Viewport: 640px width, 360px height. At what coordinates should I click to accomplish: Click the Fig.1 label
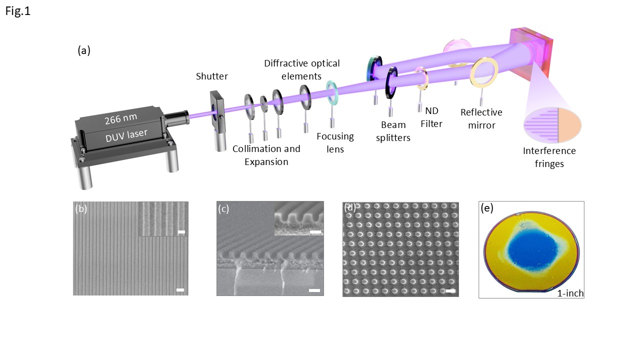point(18,11)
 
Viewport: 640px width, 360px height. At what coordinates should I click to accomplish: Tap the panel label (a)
point(84,50)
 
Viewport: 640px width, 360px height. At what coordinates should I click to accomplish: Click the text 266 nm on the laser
point(121,119)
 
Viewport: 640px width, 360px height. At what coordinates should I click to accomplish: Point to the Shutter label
point(212,76)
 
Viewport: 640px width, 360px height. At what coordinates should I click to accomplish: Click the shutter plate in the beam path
point(216,114)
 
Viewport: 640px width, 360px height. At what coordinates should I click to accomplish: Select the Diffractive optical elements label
point(301,69)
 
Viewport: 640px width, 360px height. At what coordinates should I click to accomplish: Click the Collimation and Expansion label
point(266,155)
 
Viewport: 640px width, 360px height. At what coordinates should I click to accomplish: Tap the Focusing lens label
point(335,142)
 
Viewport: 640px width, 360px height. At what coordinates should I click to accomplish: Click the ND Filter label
point(431,117)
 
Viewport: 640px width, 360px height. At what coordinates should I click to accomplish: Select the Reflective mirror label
point(481,118)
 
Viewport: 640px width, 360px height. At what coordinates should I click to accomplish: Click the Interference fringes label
point(549,157)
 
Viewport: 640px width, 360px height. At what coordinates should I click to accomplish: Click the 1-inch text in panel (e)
point(570,293)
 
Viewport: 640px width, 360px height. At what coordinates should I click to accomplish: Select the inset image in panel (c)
point(299,222)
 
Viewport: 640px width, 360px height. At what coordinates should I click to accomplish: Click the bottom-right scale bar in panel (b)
point(180,290)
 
